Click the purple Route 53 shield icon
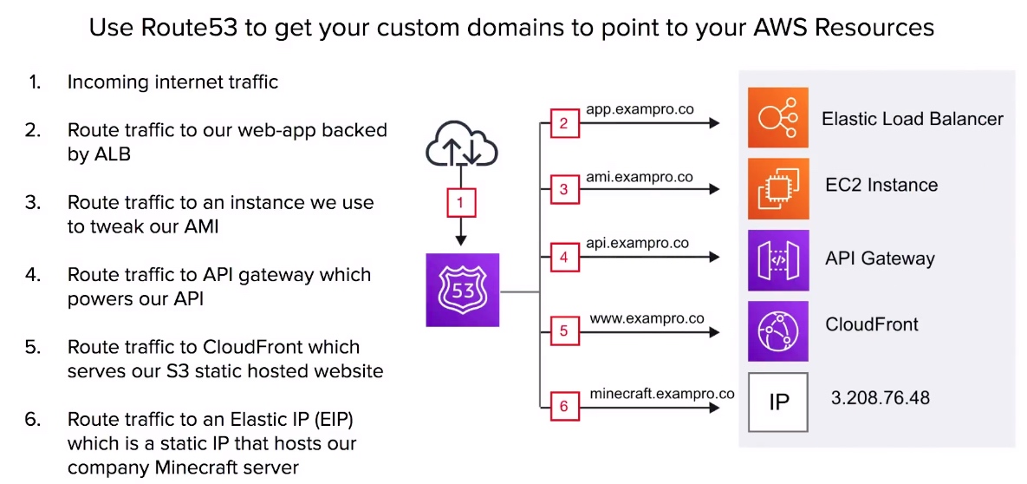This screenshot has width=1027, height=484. tap(463, 290)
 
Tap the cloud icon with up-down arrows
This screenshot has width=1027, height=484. tap(462, 146)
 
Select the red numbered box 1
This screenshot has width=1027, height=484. tap(461, 203)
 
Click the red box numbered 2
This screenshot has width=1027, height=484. tap(564, 122)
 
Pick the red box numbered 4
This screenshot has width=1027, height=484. tap(564, 258)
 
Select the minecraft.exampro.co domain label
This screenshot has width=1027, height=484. tap(661, 394)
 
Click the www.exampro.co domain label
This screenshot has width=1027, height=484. tap(647, 318)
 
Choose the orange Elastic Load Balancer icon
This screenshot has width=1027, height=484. tap(778, 117)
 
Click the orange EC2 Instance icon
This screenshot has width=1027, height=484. tap(778, 188)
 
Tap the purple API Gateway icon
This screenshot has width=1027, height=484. tap(778, 260)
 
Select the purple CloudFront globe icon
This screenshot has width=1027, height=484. tap(778, 331)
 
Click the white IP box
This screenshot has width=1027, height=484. tap(778, 402)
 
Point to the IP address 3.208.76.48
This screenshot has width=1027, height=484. tap(881, 398)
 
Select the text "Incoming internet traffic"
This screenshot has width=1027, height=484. tap(173, 82)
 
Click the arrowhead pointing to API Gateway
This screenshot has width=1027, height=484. tap(715, 258)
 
